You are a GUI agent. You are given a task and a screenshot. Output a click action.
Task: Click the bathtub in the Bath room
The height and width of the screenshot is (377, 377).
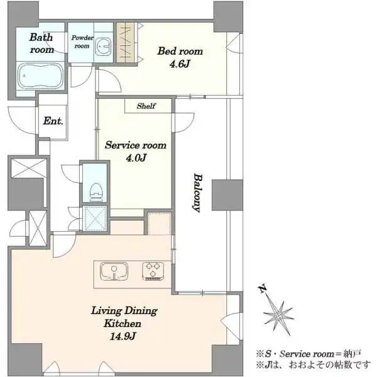point(40,76)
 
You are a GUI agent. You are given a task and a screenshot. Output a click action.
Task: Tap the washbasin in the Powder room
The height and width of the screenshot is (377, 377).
point(104,46)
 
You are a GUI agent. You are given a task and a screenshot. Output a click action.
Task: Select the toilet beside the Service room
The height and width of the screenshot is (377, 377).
point(96,192)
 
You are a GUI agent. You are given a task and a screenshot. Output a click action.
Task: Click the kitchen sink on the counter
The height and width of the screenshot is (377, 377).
point(114,271)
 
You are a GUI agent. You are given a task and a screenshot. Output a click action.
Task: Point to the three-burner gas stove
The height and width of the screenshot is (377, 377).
point(153,271)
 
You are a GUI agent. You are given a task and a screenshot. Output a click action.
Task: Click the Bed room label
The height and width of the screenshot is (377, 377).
point(180,51)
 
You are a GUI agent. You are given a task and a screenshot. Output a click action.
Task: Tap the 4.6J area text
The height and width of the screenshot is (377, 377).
point(180,64)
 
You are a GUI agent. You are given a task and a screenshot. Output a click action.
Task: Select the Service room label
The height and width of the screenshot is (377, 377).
point(136,145)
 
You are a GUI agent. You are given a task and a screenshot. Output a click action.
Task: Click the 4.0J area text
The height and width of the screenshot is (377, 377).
point(136,158)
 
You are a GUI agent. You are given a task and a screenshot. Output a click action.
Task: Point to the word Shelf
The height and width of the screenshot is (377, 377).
point(146,106)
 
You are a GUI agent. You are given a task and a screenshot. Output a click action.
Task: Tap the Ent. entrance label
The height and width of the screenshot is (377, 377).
point(53,121)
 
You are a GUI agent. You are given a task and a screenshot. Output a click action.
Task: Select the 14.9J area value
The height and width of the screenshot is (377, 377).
point(123,336)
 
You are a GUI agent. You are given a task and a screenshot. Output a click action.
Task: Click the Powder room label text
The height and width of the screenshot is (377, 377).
point(82,41)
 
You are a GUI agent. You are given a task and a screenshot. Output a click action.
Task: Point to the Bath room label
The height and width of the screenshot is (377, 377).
point(41,43)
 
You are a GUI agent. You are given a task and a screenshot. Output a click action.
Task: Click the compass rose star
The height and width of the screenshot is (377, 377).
point(278,315)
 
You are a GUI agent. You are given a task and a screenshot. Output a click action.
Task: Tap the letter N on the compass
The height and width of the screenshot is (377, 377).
point(263,289)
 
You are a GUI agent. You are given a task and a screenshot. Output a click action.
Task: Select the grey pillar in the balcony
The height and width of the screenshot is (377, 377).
point(227,195)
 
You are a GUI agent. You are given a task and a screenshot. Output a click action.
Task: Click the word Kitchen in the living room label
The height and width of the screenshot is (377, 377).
point(123,324)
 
